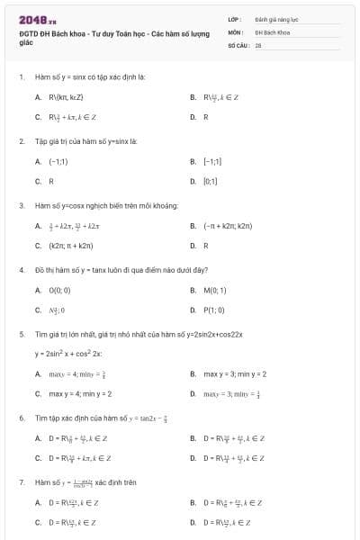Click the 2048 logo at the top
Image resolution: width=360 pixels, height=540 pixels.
point(37,19)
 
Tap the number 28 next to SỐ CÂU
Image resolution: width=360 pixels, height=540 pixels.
point(258,44)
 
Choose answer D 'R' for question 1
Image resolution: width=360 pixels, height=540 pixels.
point(206,117)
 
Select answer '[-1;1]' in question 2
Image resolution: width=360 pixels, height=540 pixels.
point(212,161)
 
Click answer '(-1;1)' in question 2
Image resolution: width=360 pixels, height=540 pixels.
point(58,161)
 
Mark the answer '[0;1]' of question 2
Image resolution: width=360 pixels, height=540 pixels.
point(211,181)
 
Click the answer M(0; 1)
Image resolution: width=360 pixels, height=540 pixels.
point(214,290)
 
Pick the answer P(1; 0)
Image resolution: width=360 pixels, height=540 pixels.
point(214,310)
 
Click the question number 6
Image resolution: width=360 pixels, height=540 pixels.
point(21,418)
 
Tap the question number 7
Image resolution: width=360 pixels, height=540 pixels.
point(21,482)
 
